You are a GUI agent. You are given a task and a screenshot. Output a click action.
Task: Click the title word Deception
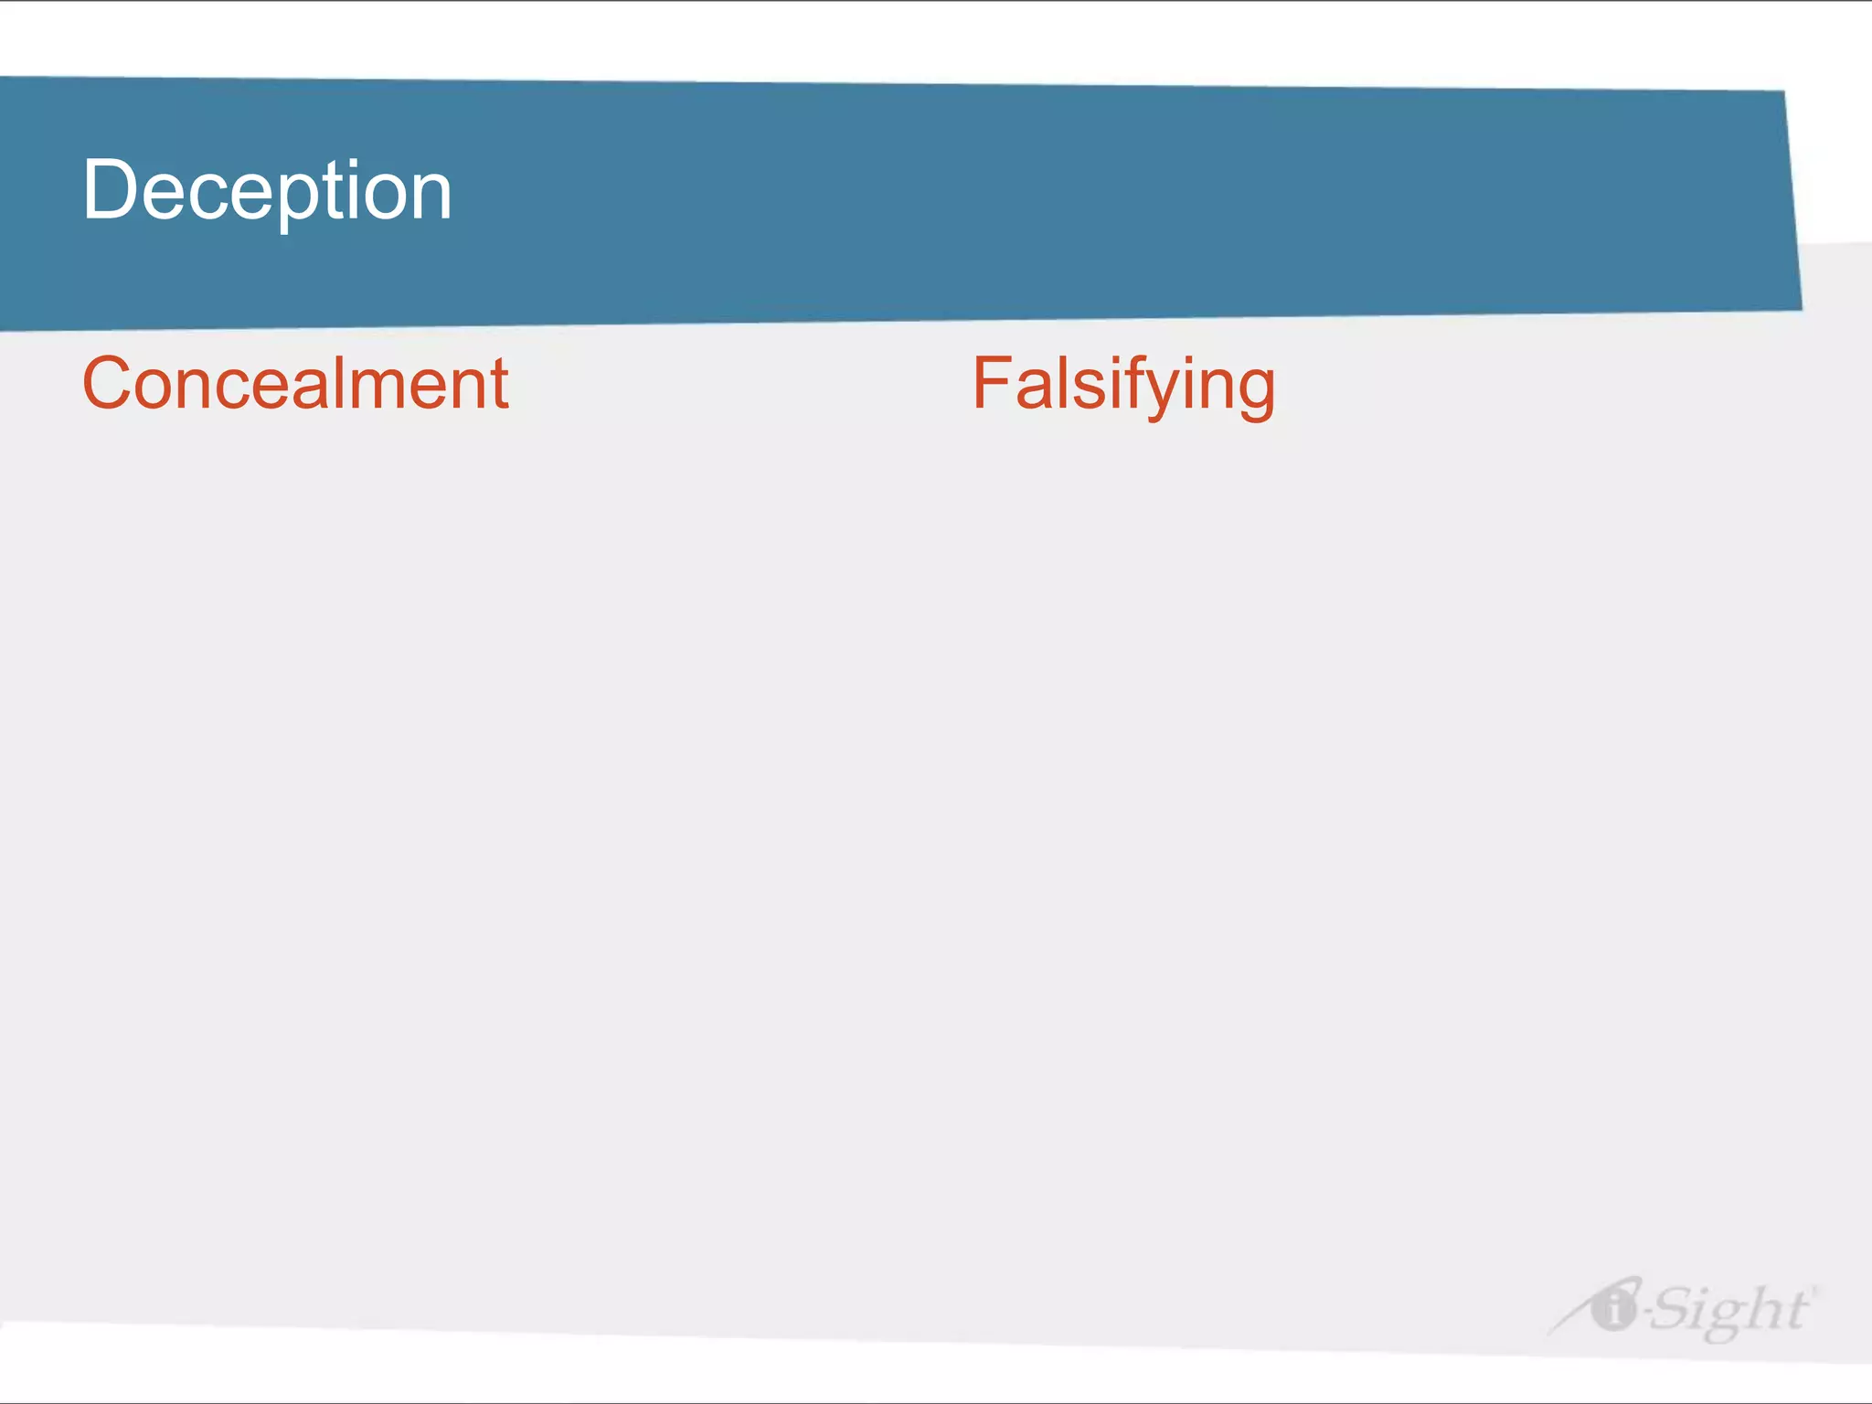click(x=267, y=190)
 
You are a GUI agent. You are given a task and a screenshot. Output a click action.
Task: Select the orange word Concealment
click(x=295, y=383)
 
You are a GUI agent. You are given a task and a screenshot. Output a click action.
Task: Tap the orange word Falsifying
click(x=1123, y=385)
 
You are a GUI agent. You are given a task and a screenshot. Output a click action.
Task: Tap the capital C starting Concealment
click(x=108, y=383)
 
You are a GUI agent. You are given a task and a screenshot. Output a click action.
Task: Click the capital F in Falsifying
click(x=991, y=383)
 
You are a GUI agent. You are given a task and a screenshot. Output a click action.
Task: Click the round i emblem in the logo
click(x=1613, y=1308)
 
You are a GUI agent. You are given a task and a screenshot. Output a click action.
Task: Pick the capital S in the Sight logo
click(x=1673, y=1309)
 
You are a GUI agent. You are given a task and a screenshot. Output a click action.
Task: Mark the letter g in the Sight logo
click(x=1724, y=1319)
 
